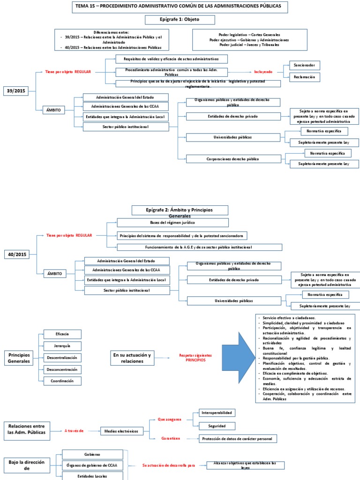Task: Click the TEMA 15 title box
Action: coord(180,7)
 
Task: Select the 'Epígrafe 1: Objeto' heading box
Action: coord(180,20)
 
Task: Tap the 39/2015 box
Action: coord(16,91)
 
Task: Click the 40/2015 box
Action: coord(17,254)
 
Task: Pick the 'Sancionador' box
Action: coord(304,65)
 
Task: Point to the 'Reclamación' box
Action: coord(304,76)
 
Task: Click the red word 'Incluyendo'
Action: coord(263,72)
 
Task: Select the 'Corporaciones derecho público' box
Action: coord(233,159)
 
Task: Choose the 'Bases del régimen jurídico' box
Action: coord(173,223)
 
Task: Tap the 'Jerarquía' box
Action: coord(62,346)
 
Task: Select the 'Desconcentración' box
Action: coord(62,369)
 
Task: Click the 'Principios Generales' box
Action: coord(19,358)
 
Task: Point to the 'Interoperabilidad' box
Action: coord(216,413)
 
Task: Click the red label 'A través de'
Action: coord(74,430)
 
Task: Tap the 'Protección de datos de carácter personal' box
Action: coord(238,439)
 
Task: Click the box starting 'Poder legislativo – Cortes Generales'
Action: coord(249,40)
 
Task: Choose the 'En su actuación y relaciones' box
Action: coord(132,358)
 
